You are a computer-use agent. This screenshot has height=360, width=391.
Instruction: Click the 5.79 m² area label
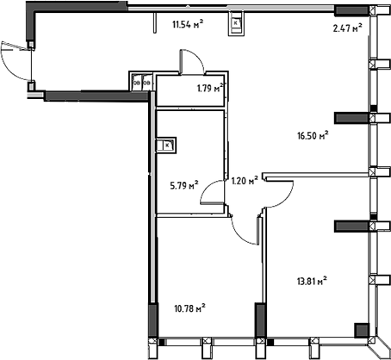point(183,183)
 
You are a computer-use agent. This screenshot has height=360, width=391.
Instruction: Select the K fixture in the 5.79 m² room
point(166,145)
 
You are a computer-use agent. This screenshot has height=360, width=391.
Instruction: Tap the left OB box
point(136,83)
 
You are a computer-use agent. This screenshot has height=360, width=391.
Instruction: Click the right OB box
point(146,83)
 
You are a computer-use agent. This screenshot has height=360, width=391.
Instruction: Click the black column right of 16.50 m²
point(351,116)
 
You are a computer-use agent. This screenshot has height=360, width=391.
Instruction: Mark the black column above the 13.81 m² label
point(351,226)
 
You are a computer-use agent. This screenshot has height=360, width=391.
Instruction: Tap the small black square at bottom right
point(360,329)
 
